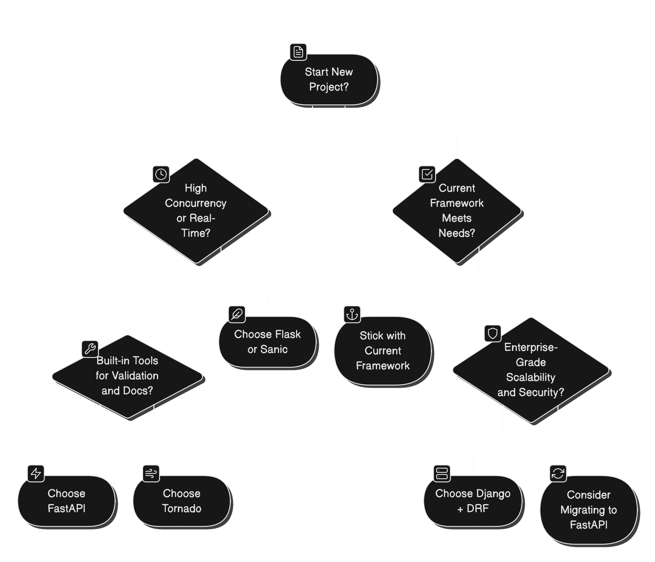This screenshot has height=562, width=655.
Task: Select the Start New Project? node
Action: click(329, 79)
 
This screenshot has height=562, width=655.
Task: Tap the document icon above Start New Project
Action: click(298, 52)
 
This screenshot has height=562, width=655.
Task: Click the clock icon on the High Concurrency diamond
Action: click(161, 174)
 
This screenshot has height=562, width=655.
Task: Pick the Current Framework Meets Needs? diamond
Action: click(456, 210)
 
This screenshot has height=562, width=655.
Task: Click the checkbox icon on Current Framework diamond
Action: click(427, 174)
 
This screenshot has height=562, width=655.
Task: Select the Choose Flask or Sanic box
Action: click(267, 342)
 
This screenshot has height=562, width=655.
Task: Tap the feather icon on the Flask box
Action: click(237, 314)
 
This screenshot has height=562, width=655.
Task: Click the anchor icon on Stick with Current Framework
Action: click(352, 314)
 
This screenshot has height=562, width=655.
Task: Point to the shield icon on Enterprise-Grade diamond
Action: click(493, 334)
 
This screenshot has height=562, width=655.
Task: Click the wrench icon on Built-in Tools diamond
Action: click(90, 349)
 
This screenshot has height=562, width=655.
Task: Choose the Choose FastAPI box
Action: click(67, 501)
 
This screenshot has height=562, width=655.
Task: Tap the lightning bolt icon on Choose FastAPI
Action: click(36, 473)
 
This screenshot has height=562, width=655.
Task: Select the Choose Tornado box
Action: click(181, 501)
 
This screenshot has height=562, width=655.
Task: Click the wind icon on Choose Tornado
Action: click(151, 473)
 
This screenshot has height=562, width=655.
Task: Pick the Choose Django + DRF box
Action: click(472, 501)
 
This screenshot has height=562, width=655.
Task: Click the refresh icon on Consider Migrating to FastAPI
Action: click(558, 473)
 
